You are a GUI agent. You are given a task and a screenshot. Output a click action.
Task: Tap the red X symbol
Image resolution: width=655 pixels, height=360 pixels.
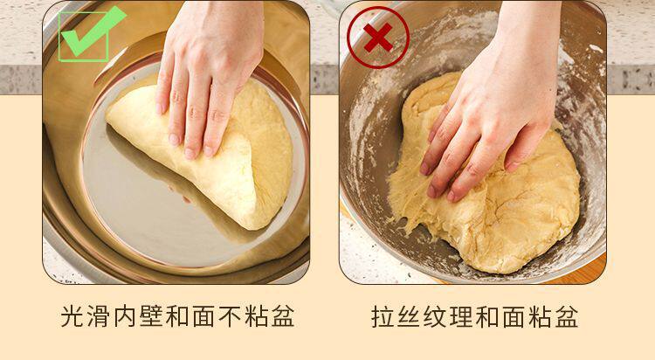point(378,38)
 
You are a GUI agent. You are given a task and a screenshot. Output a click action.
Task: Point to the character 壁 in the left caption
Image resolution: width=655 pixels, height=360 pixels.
point(152,316)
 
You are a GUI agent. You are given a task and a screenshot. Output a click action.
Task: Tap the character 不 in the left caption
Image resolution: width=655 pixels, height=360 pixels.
point(231,316)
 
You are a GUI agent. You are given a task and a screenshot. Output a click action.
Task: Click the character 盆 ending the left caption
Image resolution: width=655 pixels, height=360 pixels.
point(283,316)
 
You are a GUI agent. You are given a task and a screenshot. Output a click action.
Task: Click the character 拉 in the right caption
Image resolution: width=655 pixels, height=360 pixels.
point(383,316)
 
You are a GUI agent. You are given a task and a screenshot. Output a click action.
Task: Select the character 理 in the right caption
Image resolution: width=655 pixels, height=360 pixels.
point(462,316)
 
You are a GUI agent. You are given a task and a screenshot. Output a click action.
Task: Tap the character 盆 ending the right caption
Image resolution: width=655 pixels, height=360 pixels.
point(567,316)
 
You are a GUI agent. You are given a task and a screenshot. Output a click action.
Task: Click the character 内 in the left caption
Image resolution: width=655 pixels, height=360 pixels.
point(126,316)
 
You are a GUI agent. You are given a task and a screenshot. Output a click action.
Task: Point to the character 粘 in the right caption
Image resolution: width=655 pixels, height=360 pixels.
point(541,316)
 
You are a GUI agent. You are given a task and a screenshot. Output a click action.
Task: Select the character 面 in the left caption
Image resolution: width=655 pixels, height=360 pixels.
point(204,316)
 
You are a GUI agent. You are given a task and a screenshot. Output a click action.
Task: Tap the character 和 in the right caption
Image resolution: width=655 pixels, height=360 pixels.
point(488,316)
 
